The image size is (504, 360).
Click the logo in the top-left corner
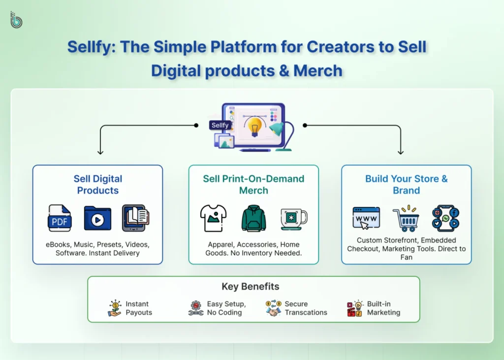[16, 20]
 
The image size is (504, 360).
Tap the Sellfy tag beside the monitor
[220, 125]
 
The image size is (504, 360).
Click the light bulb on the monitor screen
[254, 126]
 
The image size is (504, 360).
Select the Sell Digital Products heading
[97, 185]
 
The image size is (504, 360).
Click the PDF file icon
[60, 218]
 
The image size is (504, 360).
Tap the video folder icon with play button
[97, 218]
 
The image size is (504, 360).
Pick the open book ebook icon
[135, 218]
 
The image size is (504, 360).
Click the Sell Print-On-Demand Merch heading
[253, 185]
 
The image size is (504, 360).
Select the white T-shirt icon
[213, 218]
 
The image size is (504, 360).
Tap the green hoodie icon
[253, 218]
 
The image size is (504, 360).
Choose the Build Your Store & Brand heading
[406, 185]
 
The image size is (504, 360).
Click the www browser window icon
[366, 218]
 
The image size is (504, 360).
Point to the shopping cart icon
[406, 220]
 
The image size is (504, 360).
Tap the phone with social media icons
[445, 218]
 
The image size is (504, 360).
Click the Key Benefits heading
[250, 287]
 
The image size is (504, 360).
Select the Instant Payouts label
[138, 308]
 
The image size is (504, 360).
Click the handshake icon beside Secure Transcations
[273, 308]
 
